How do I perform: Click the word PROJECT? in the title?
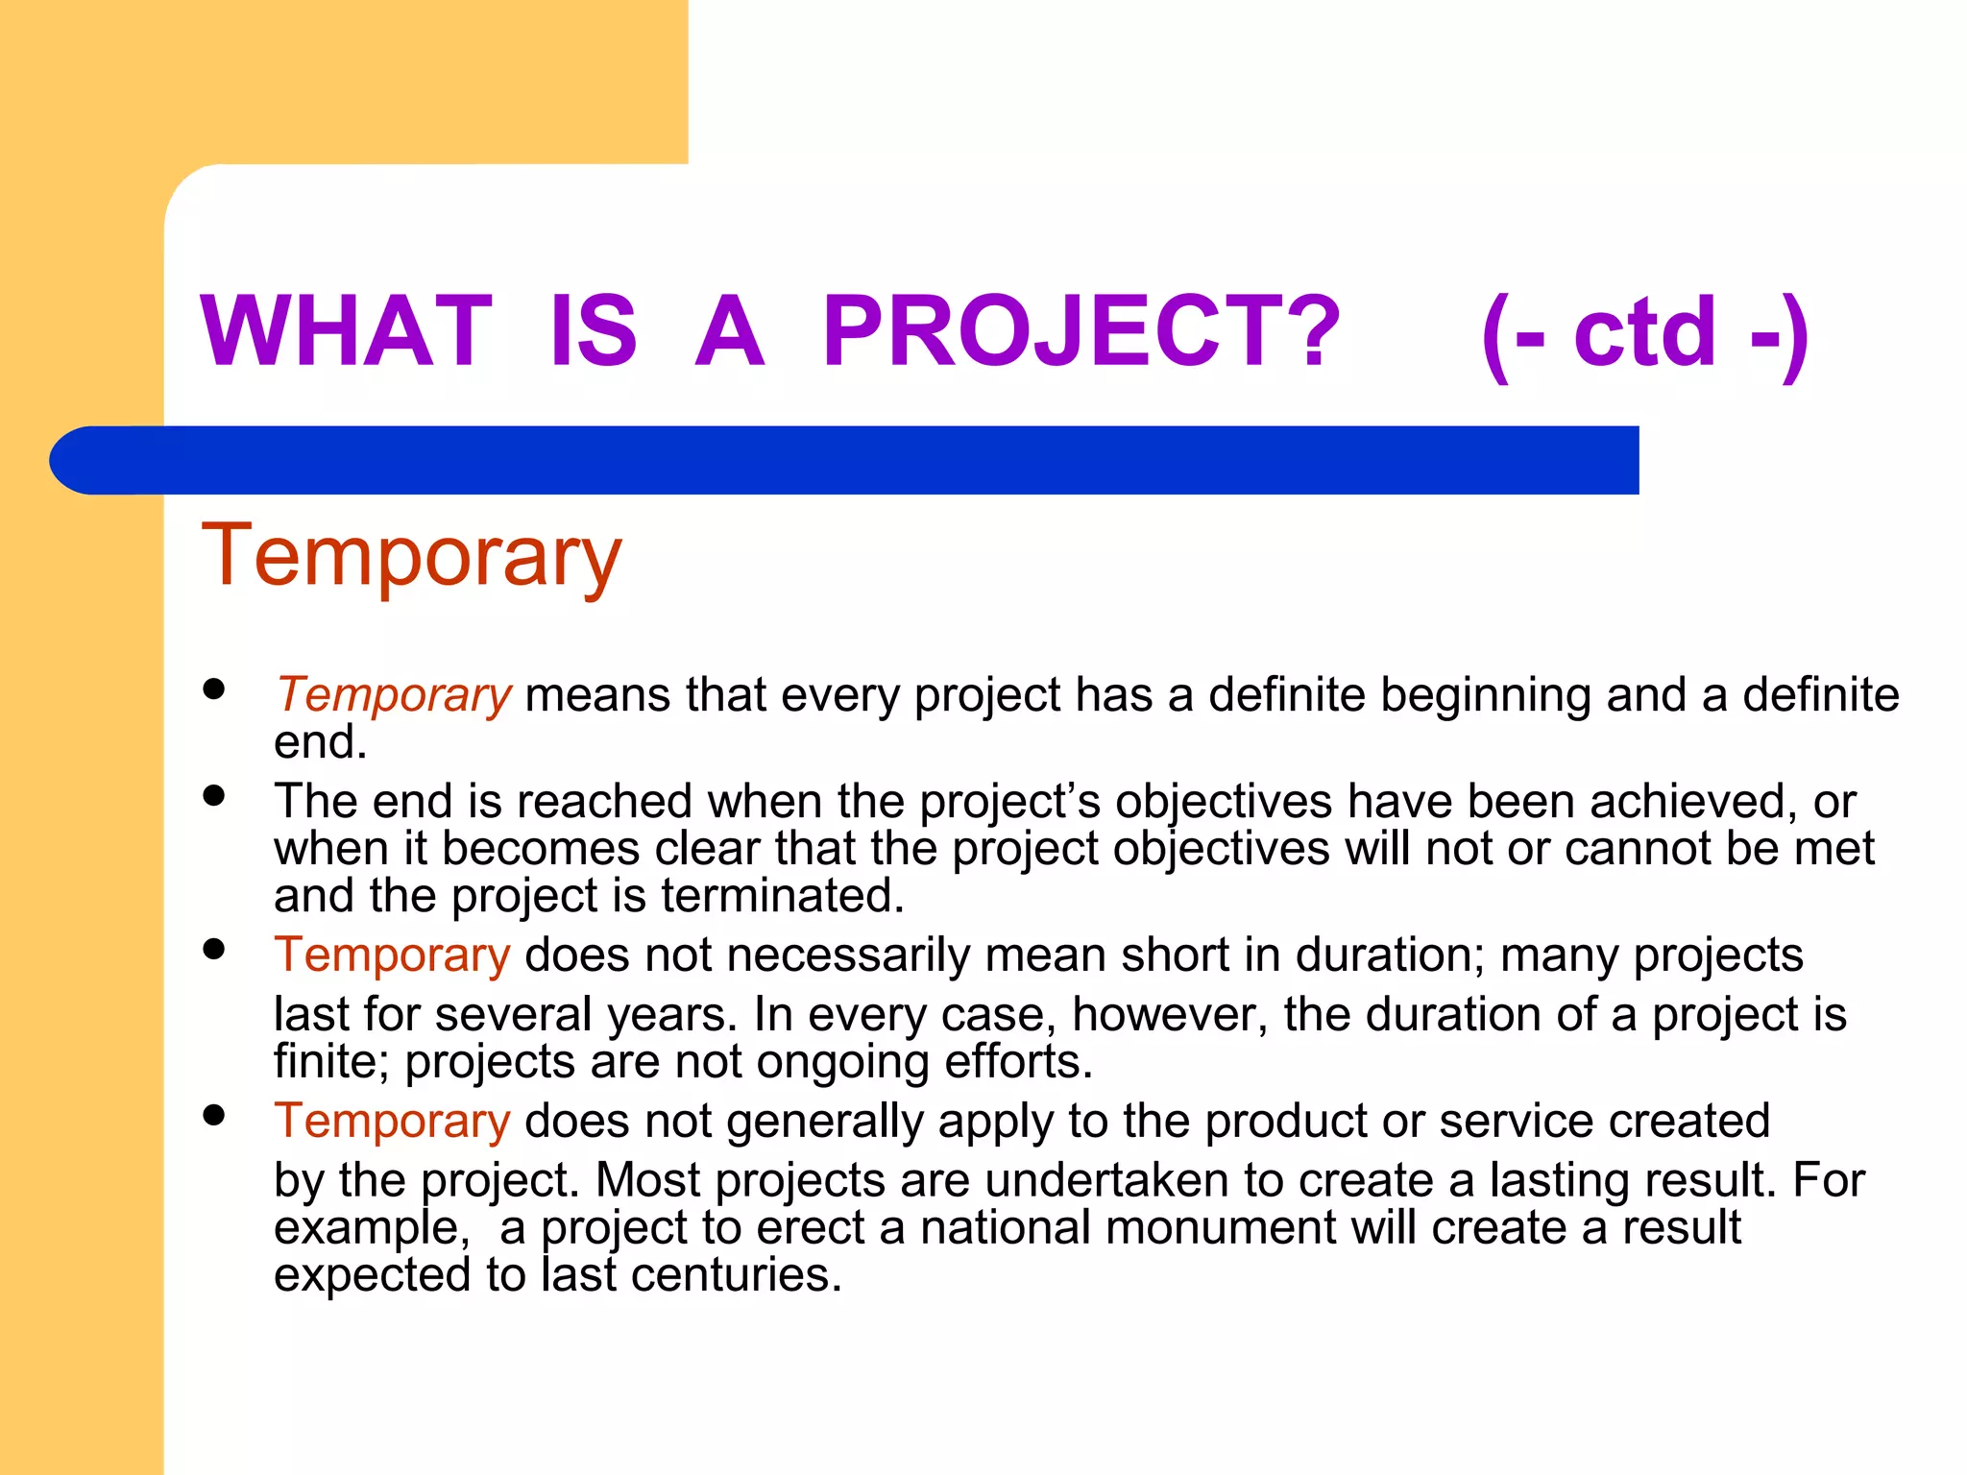point(1081,331)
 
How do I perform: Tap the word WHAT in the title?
point(346,331)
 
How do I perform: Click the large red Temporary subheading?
point(412,557)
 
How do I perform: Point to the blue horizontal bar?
point(845,460)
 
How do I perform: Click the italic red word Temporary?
point(394,694)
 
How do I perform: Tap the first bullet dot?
point(214,689)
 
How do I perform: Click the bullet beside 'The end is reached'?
point(214,795)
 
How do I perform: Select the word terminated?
point(782,896)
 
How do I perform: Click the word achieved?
point(1693,801)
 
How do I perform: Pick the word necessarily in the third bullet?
point(848,955)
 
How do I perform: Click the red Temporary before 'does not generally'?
point(392,1122)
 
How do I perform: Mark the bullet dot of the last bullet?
point(214,1115)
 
